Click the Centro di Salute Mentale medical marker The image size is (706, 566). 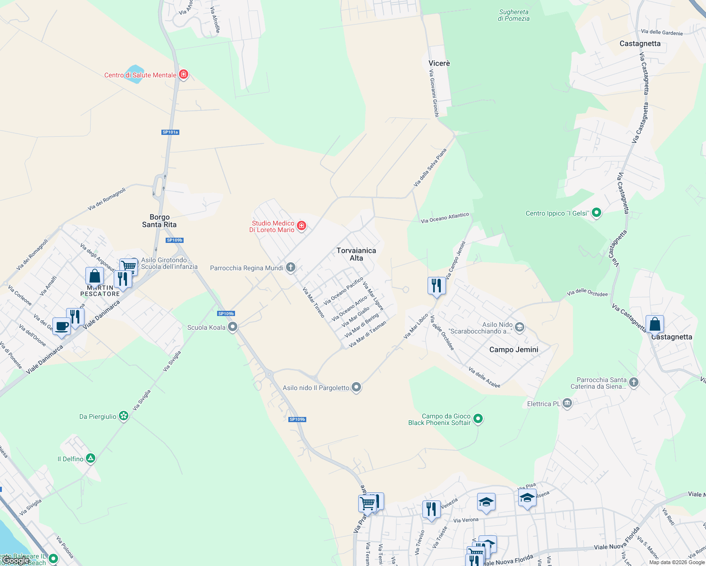point(184,75)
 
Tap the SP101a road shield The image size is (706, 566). point(170,132)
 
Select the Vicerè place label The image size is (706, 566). point(439,63)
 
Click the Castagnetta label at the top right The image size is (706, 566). point(640,43)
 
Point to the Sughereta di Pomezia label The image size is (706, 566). point(513,16)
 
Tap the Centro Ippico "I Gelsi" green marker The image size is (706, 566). point(597,213)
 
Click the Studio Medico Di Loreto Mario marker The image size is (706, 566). point(302,226)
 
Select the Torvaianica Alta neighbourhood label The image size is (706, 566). point(356,254)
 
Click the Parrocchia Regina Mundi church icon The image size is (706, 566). point(291,267)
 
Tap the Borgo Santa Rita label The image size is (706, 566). point(160,221)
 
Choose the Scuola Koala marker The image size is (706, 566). point(232,327)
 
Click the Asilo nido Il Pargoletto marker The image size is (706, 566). point(356,387)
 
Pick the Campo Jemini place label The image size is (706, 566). point(513,350)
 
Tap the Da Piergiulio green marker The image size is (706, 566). point(124,416)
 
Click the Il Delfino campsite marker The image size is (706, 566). point(91,458)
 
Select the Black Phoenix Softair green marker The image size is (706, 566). point(478,418)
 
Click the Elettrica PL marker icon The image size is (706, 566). point(567,403)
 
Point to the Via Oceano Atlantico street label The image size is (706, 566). point(445,218)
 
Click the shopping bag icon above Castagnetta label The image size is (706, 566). point(655,324)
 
